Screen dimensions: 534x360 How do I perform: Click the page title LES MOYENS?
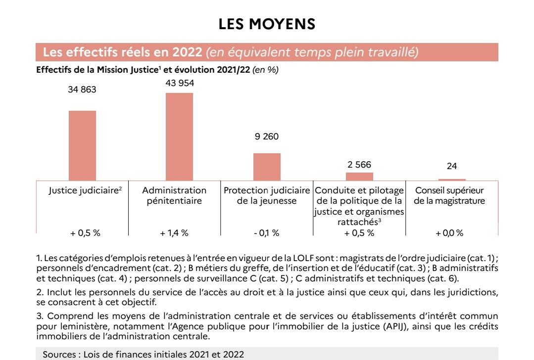coord(267,24)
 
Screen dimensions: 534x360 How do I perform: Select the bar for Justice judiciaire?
coord(83,146)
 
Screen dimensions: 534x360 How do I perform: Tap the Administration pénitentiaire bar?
coord(180,137)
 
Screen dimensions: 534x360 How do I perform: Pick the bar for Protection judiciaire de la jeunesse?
coord(267,167)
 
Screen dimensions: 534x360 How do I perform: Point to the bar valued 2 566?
coord(359,177)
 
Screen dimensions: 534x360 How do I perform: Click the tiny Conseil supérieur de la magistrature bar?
coord(452,180)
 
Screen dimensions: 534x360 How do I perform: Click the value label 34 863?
coord(82,90)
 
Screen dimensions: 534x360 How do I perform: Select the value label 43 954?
coord(180,83)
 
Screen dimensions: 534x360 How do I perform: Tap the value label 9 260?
coord(267,136)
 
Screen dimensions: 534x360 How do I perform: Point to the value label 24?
coord(451,166)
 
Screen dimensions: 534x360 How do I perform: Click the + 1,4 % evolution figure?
coord(174,233)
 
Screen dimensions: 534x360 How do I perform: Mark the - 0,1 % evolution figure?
coord(267,233)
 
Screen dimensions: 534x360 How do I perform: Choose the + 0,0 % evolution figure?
coord(449,233)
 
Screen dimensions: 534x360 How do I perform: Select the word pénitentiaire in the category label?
coord(174,201)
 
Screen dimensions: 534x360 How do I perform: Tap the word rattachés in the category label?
coord(358,222)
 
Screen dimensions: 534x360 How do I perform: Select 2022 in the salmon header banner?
coord(187,52)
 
